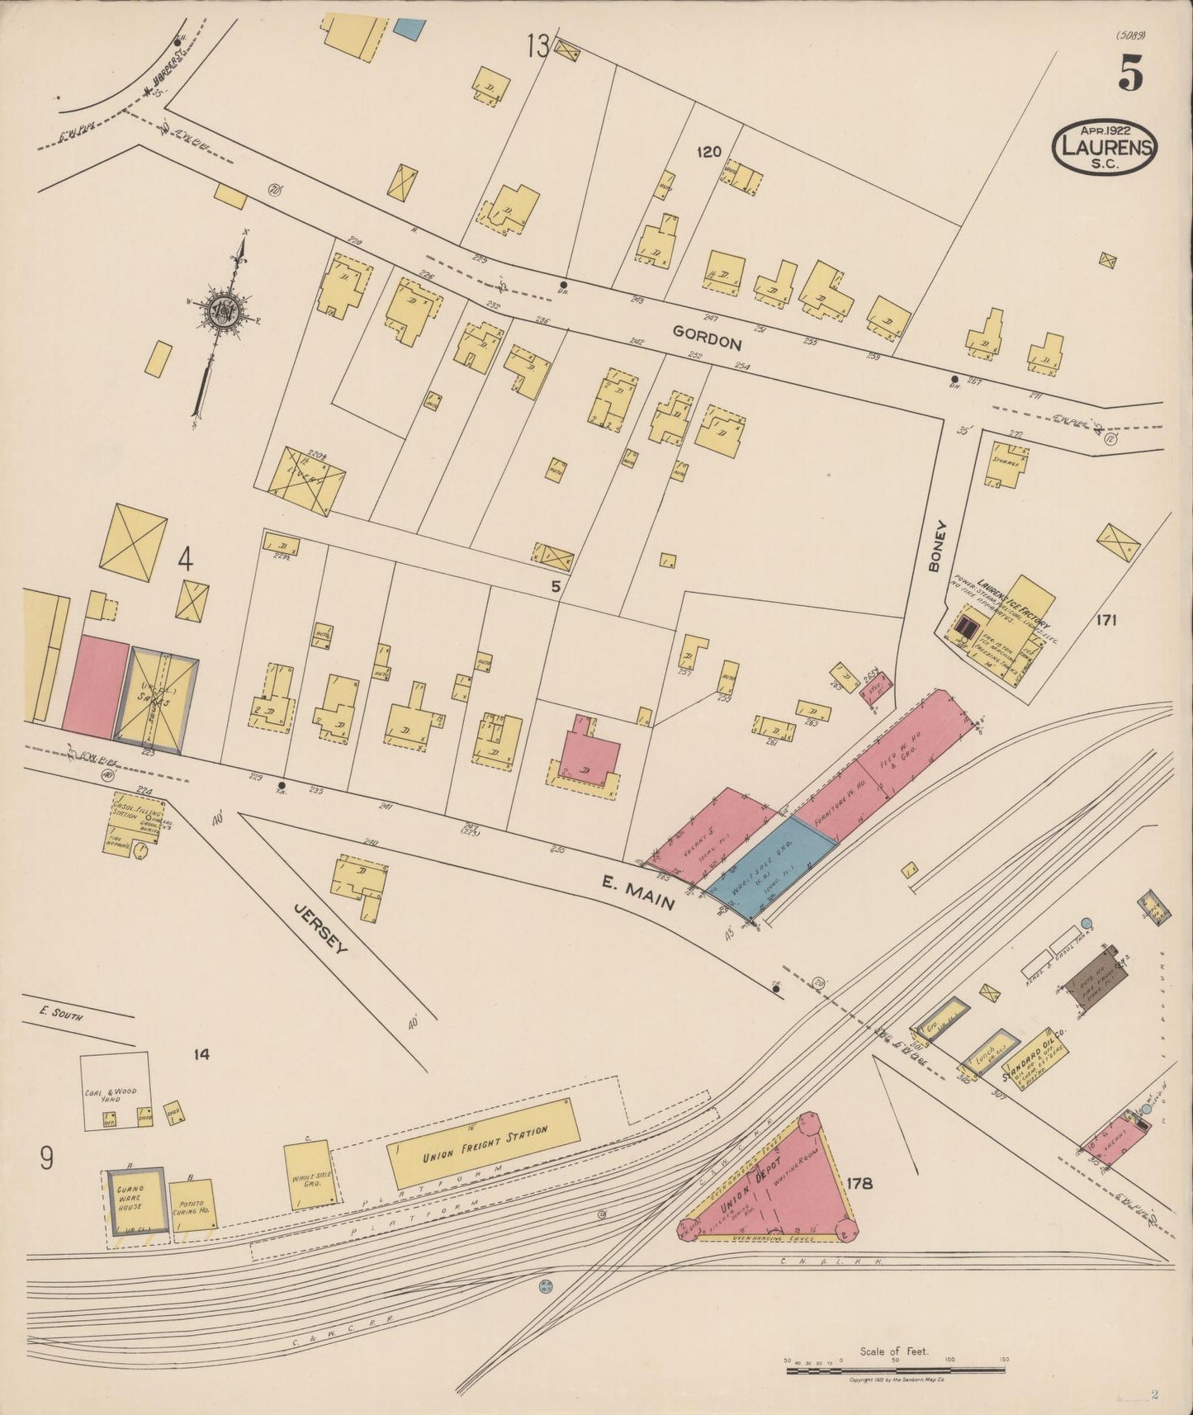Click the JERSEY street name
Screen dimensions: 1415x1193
coord(321,927)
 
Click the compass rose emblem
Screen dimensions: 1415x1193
coord(224,311)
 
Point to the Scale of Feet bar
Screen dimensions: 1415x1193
coord(896,1370)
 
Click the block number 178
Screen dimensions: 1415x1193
coord(859,1184)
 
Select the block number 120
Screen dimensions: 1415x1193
coord(708,152)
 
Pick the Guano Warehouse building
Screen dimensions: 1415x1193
coord(135,1201)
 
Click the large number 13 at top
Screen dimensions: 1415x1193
coord(537,47)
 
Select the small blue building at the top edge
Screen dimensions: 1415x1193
coord(407,26)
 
